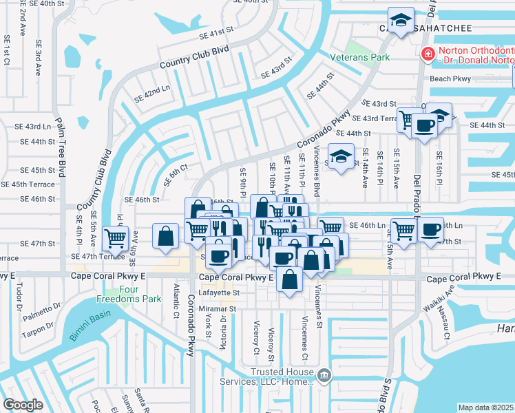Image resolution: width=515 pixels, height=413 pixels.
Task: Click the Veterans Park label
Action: pyautogui.click(x=359, y=57)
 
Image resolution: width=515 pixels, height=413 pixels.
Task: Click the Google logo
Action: pyautogui.click(x=23, y=405)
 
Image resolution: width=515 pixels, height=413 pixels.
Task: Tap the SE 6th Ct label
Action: pyautogui.click(x=175, y=173)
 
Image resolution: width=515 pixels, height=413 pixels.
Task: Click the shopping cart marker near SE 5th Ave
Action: pyautogui.click(x=115, y=238)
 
